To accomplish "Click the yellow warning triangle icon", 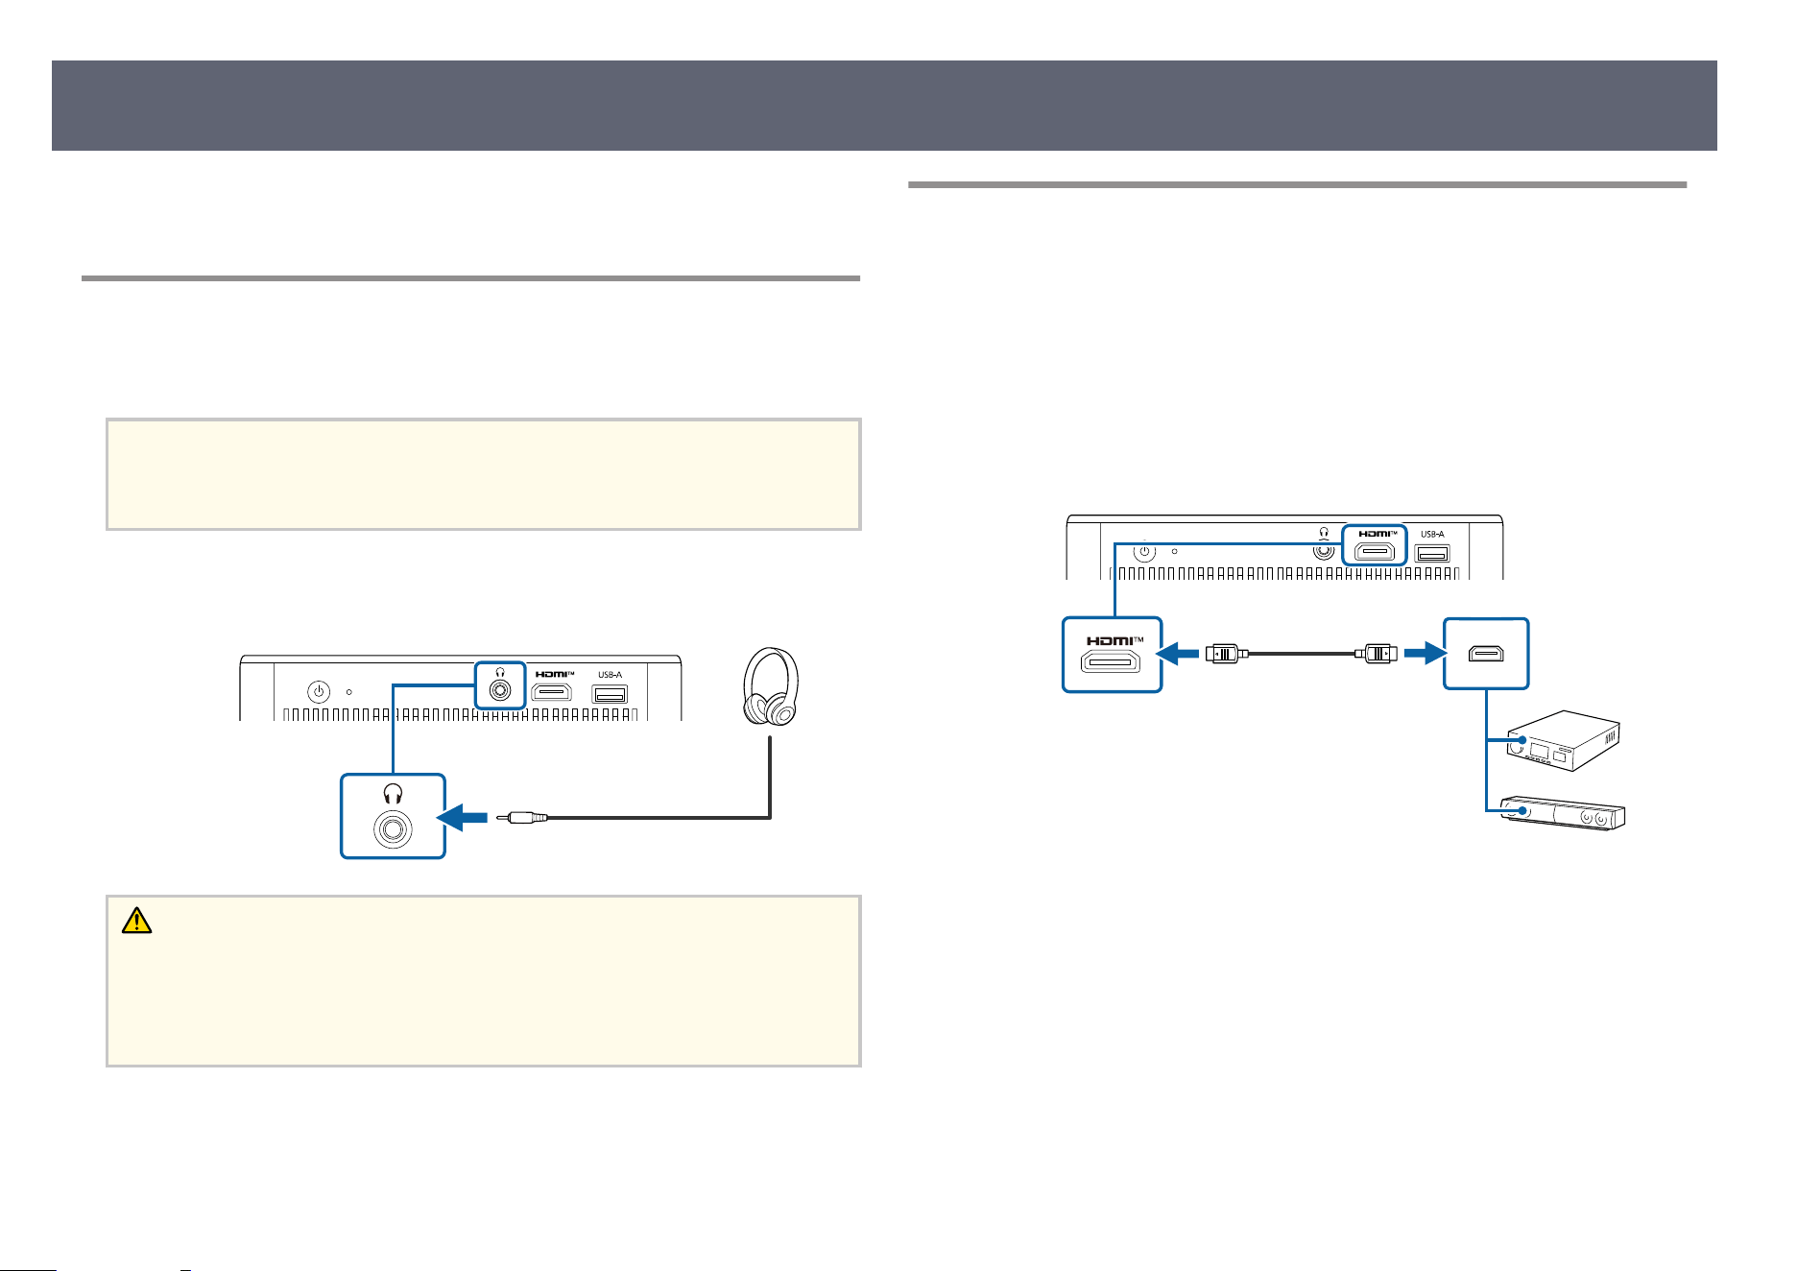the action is pyautogui.click(x=136, y=920).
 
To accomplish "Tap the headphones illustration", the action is pyautogui.click(x=770, y=686).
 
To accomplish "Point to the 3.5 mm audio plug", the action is pyautogui.click(x=522, y=818).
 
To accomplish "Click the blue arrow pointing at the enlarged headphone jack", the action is pyautogui.click(x=464, y=818).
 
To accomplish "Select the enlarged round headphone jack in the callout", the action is pyautogui.click(x=393, y=828).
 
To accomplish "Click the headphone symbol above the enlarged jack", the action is pyautogui.click(x=393, y=793).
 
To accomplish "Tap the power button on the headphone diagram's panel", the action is pyautogui.click(x=319, y=691).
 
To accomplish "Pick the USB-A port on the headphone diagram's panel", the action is pyautogui.click(x=610, y=694).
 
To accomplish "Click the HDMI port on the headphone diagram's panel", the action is pyautogui.click(x=552, y=692).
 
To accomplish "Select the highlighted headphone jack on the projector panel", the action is pyautogui.click(x=499, y=690).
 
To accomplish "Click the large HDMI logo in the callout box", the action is pyautogui.click(x=1114, y=640).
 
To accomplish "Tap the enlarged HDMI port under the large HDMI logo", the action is pyautogui.click(x=1112, y=661).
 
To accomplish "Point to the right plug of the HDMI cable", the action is pyautogui.click(x=1376, y=654).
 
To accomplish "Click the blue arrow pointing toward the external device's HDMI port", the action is pyautogui.click(x=1425, y=654).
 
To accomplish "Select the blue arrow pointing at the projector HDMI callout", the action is pyautogui.click(x=1178, y=654).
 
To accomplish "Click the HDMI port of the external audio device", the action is pyautogui.click(x=1486, y=654).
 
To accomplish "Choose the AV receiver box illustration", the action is pyautogui.click(x=1563, y=741).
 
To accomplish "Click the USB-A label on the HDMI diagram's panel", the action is pyautogui.click(x=1432, y=534).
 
